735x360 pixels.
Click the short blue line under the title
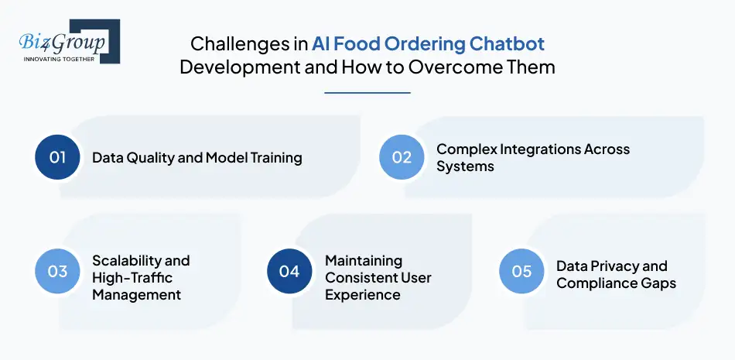coord(367,93)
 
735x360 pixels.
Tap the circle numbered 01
coord(58,157)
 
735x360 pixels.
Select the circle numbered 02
coord(402,157)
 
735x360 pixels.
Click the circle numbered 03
coord(58,271)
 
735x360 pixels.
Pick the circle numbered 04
coord(289,271)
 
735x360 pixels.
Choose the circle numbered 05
coord(521,271)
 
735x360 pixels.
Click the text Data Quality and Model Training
coord(197,158)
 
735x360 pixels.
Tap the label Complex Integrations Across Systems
coord(532,157)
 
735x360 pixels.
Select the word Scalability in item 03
coord(128,260)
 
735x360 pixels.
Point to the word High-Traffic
coord(132,277)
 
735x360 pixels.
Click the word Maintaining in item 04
coord(364,260)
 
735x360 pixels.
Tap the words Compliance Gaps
coord(616,283)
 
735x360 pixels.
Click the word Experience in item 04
coord(363,294)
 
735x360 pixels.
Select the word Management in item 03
coord(136,294)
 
